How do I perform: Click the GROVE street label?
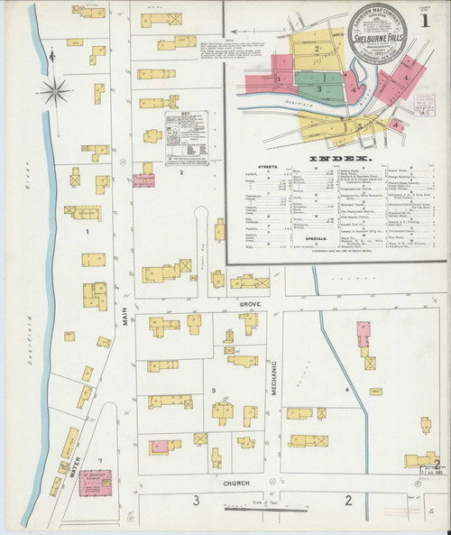pos(249,306)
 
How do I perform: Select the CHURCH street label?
pos(237,484)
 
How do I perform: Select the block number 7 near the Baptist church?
pos(101,460)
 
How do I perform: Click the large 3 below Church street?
pos(194,500)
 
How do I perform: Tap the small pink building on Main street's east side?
pos(143,179)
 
